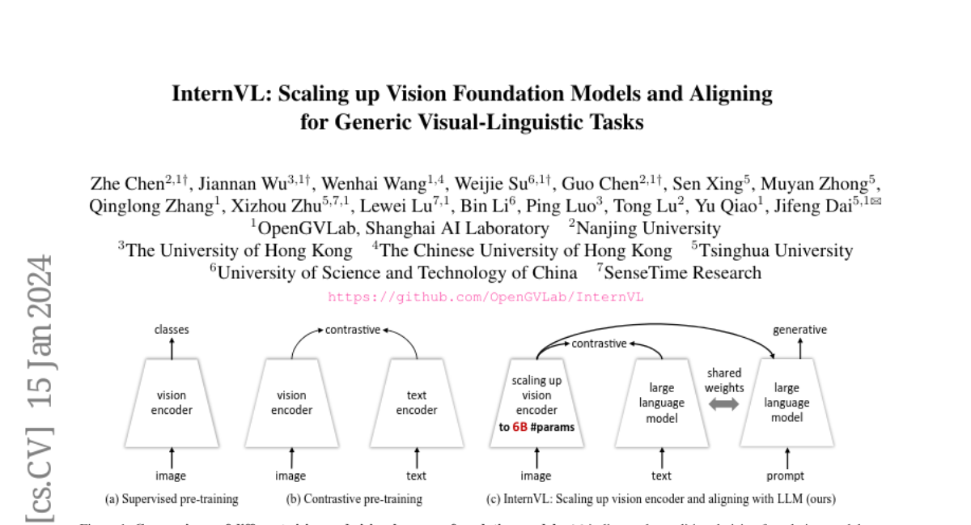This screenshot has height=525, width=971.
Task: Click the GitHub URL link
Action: pyautogui.click(x=485, y=297)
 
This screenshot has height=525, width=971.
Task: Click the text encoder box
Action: pyautogui.click(x=416, y=403)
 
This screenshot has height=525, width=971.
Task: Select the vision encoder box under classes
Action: pyautogui.click(x=171, y=403)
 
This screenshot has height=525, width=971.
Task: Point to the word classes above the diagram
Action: pyautogui.click(x=172, y=330)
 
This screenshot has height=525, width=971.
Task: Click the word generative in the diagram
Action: pyautogui.click(x=799, y=330)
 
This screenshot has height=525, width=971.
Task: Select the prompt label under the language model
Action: pyautogui.click(x=785, y=476)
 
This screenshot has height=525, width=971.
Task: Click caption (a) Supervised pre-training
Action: pyautogui.click(x=172, y=499)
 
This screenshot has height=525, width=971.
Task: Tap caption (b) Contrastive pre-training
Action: pyautogui.click(x=354, y=499)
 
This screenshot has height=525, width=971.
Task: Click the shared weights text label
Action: pyautogui.click(x=723, y=381)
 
